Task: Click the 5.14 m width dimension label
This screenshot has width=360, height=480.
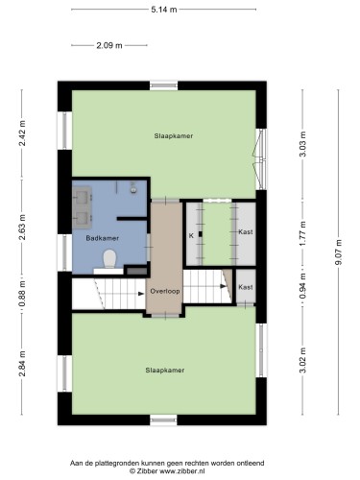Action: point(164,10)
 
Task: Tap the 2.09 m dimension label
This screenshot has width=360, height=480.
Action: point(109,45)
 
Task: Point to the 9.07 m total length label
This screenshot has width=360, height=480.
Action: point(339,252)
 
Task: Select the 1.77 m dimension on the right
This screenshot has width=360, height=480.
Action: point(302,232)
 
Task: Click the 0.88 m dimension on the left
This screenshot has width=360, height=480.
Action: point(22,294)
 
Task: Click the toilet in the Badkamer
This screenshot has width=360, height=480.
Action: point(109,258)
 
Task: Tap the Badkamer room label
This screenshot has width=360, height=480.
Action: point(103,238)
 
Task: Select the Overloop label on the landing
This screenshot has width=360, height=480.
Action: point(165,291)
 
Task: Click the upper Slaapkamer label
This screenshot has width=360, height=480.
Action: point(174,136)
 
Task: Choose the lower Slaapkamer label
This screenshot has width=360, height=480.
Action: point(165,371)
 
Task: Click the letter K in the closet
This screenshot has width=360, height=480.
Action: point(191,236)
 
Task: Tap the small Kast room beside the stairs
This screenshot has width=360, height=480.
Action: point(246,287)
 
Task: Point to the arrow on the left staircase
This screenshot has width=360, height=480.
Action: point(140,294)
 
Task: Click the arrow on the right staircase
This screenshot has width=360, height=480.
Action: point(223,286)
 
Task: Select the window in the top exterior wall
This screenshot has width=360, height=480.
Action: point(164,85)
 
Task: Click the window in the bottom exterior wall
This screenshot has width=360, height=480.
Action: point(163,420)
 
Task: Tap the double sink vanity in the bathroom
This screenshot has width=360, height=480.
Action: point(83,207)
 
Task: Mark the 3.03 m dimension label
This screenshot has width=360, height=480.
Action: point(302,144)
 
